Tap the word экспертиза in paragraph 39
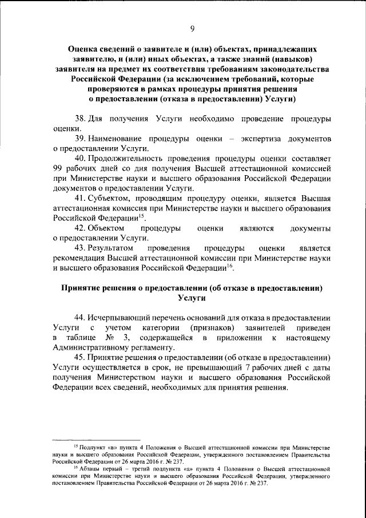257,139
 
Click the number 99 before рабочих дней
58,169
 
